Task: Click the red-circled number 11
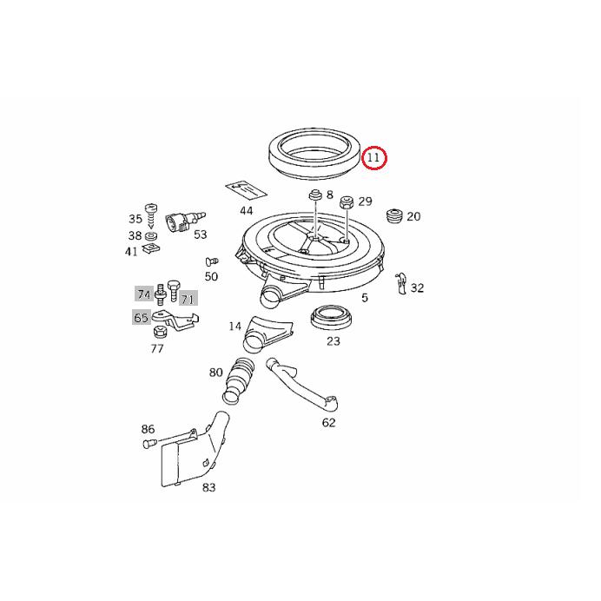tap(374, 157)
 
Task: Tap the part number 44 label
tap(247, 210)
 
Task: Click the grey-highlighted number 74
tap(142, 294)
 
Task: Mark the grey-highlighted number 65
tap(141, 318)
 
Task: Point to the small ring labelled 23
tap(331, 318)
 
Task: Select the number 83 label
tap(208, 487)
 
